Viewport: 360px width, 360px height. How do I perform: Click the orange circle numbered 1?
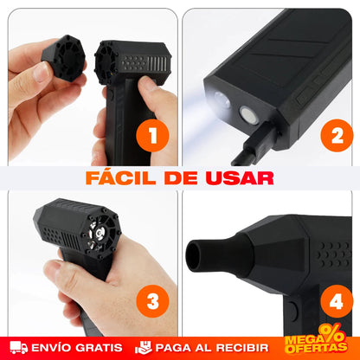[152, 136]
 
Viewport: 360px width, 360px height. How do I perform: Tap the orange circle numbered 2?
[337, 136]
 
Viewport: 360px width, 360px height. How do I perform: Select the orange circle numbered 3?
[152, 301]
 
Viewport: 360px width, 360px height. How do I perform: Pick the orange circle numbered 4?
[337, 301]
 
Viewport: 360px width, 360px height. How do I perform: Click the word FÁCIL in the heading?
[121, 178]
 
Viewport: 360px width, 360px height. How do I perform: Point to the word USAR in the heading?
[240, 178]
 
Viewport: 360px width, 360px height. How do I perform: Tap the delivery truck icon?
[19, 348]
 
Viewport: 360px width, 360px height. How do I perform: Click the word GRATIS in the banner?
[100, 348]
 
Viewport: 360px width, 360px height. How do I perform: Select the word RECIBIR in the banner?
[244, 348]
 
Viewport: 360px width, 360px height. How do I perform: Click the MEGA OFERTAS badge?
[316, 340]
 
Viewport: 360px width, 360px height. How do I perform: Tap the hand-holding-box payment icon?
[144, 348]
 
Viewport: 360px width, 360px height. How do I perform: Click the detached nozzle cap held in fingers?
[64, 58]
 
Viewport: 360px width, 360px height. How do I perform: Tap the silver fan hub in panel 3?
[100, 233]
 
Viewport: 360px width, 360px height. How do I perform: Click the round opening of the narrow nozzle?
[193, 255]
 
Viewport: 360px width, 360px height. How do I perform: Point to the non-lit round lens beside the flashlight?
[248, 114]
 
